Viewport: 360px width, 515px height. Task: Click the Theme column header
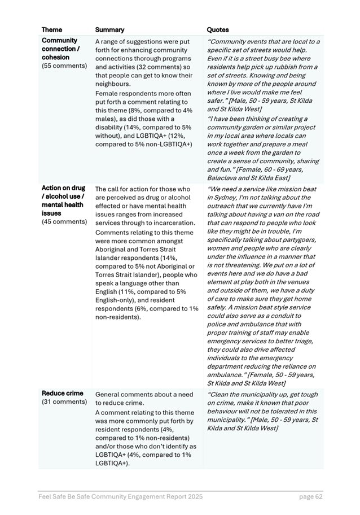point(52,29)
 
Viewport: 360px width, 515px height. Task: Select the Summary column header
point(109,29)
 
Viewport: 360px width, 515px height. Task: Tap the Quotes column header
point(218,29)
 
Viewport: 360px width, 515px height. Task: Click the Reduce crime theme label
point(63,393)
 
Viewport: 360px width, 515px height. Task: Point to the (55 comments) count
point(64,66)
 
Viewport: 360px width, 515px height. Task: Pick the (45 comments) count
point(64,222)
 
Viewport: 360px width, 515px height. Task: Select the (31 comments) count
point(64,402)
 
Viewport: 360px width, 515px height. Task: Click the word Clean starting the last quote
point(222,395)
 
